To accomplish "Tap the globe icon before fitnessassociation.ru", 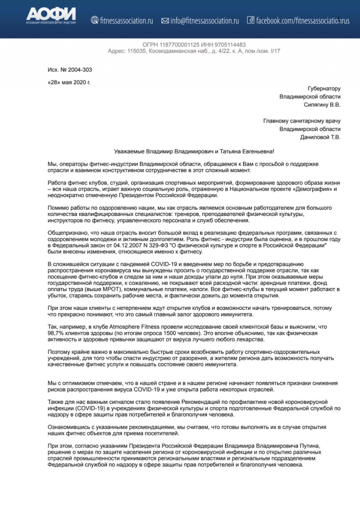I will (x=95, y=20).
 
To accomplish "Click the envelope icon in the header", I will (x=165, y=21).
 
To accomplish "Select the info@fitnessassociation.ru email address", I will (x=205, y=21).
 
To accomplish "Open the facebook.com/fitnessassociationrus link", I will (x=303, y=21).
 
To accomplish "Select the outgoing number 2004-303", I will (x=80, y=70).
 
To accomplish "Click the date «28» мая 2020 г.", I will (x=69, y=82).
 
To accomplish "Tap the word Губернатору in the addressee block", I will (x=324, y=89).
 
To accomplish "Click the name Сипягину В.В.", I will (x=322, y=104).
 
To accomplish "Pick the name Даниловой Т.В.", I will (x=320, y=137).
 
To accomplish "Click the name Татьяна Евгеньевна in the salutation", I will (x=246, y=152).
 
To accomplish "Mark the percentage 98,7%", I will (x=56, y=333).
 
